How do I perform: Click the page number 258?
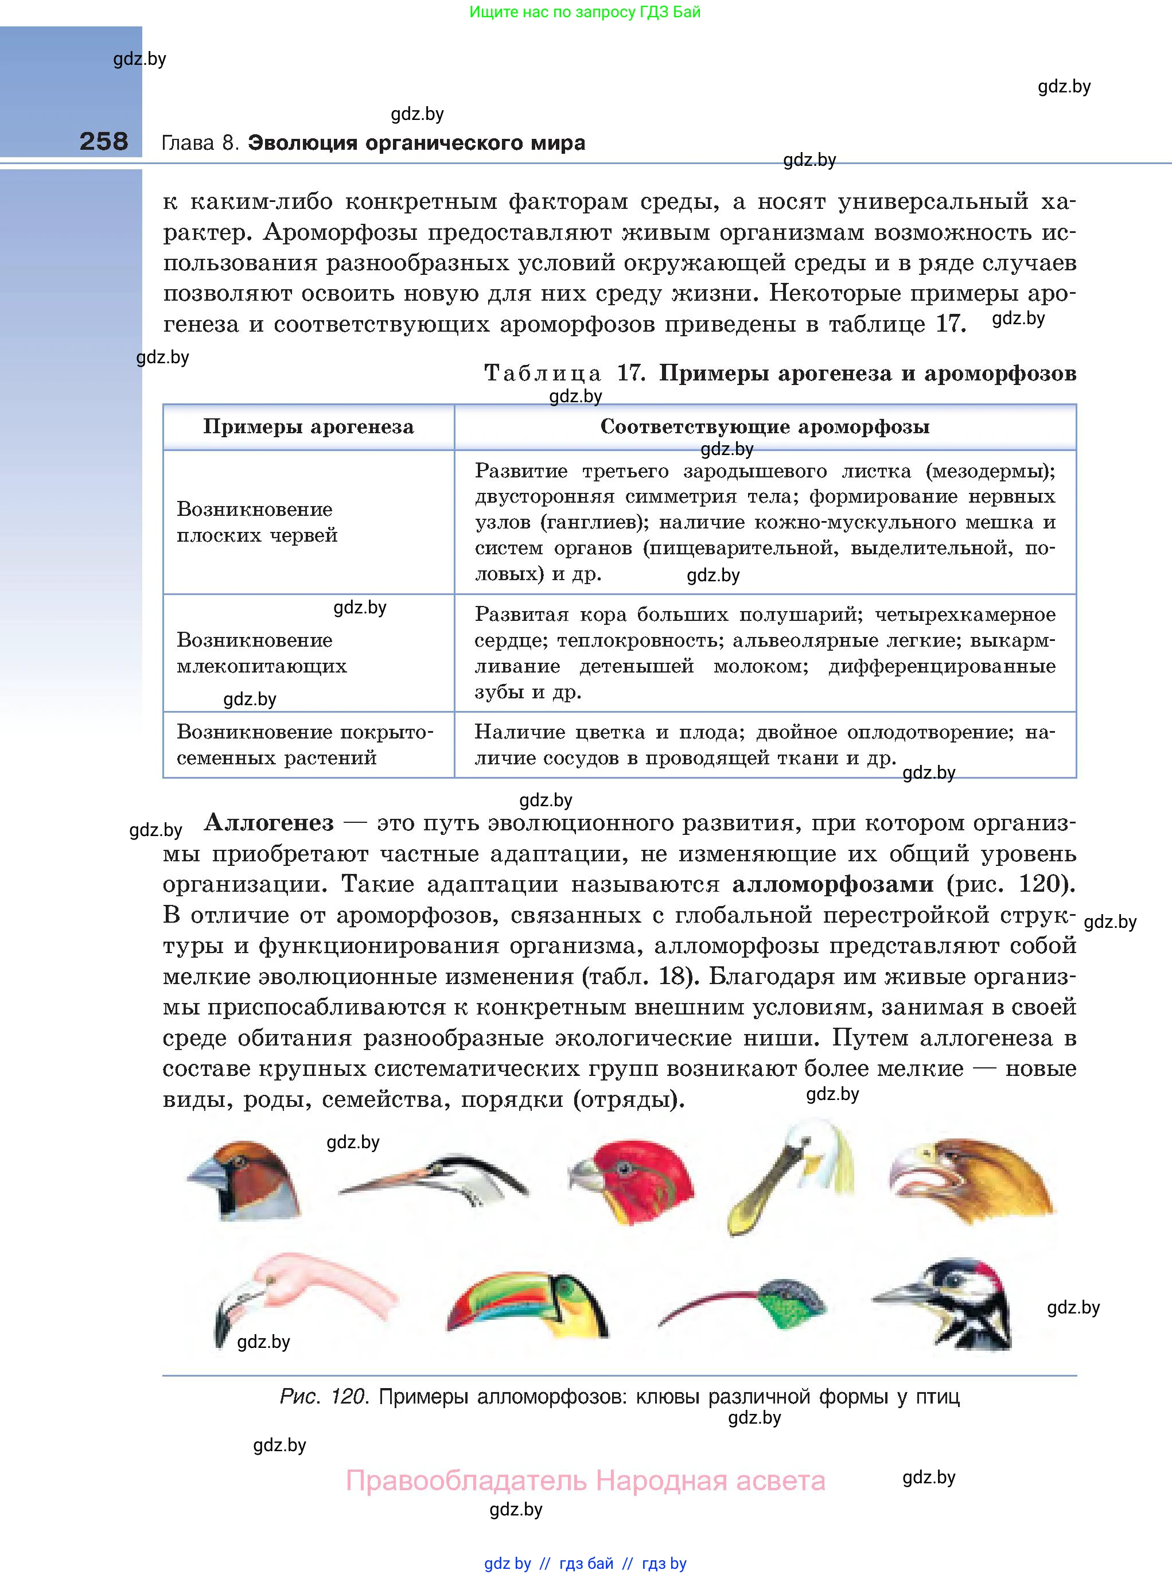pyautogui.click(x=104, y=141)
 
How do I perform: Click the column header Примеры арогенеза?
pyautogui.click(x=308, y=426)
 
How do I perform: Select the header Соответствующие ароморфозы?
pyautogui.click(x=765, y=426)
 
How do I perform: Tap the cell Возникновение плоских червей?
pyautogui.click(x=257, y=522)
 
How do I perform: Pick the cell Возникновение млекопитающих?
pyautogui.click(x=262, y=653)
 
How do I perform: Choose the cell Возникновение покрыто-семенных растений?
pyautogui.click(x=305, y=744)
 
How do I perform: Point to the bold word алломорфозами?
pyautogui.click(x=832, y=884)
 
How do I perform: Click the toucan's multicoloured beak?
pyautogui.click(x=497, y=1306)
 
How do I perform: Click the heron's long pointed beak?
pyautogui.click(x=383, y=1181)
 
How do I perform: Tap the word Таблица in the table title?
pyautogui.click(x=542, y=373)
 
